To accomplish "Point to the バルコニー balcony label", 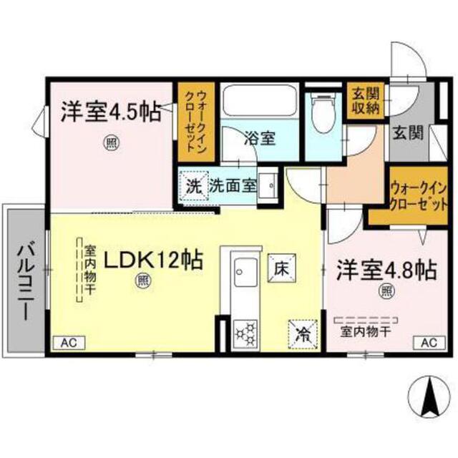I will click(x=25, y=282).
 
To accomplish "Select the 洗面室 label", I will click(x=232, y=185).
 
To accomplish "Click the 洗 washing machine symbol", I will click(x=193, y=185).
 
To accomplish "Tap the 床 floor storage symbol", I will click(x=280, y=266).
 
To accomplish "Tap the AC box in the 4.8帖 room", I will click(x=427, y=342).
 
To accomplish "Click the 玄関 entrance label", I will click(x=407, y=132).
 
